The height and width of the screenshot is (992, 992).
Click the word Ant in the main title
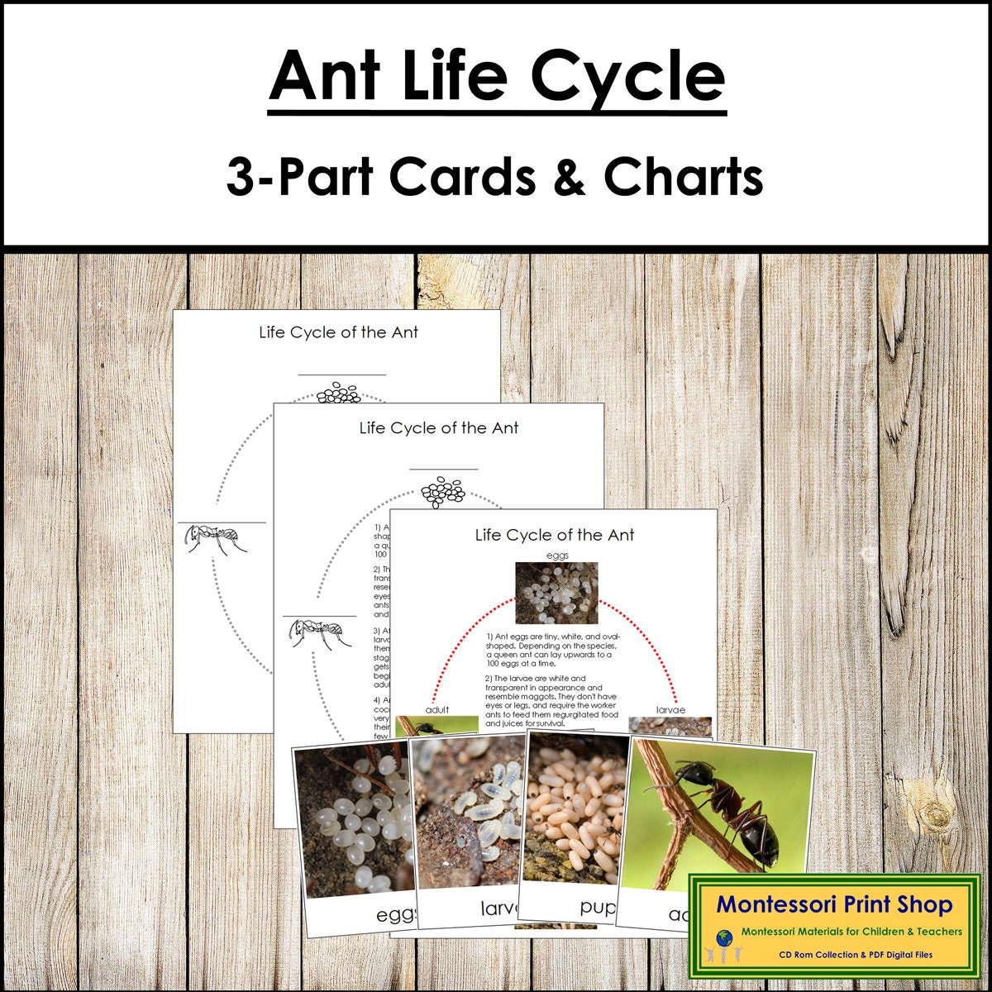(x=327, y=76)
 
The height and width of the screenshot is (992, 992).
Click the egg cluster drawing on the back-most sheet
(x=340, y=393)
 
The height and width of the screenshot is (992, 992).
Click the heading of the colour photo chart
(x=555, y=535)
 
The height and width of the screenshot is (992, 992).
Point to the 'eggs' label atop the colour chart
(x=556, y=556)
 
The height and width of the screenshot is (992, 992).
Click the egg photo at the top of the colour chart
(x=556, y=592)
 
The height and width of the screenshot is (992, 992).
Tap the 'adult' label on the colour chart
(x=437, y=710)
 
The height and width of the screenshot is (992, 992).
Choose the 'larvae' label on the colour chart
(x=670, y=710)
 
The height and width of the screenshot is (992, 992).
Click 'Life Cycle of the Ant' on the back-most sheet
(x=339, y=332)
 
